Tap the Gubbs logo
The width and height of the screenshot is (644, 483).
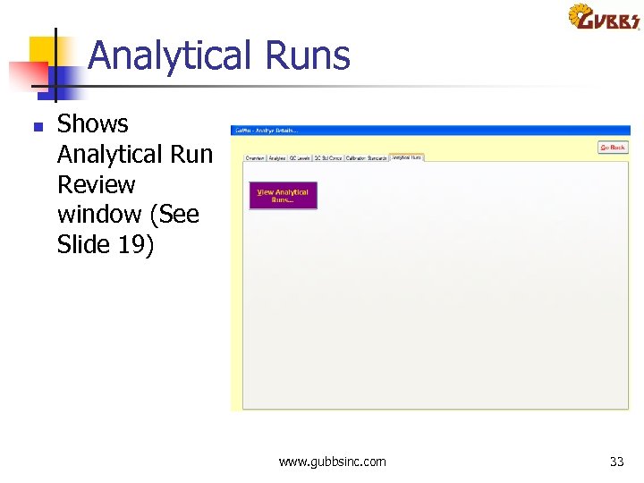coord(603,18)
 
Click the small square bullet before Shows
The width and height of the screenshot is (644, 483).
coord(37,128)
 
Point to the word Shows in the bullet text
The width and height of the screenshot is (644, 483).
coord(93,124)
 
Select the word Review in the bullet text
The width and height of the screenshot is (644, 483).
coord(96,184)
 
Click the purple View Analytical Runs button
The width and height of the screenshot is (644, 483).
coord(283,195)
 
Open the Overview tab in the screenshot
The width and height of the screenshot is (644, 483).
coord(255,158)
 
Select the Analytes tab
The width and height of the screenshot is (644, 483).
coord(276,158)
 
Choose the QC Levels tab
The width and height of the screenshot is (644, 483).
coord(300,158)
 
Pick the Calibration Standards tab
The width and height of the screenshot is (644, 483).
coord(366,158)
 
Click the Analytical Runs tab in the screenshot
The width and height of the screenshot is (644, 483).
coord(406,157)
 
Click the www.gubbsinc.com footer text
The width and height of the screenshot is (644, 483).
coord(332,462)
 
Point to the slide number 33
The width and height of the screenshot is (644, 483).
coord(616,462)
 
